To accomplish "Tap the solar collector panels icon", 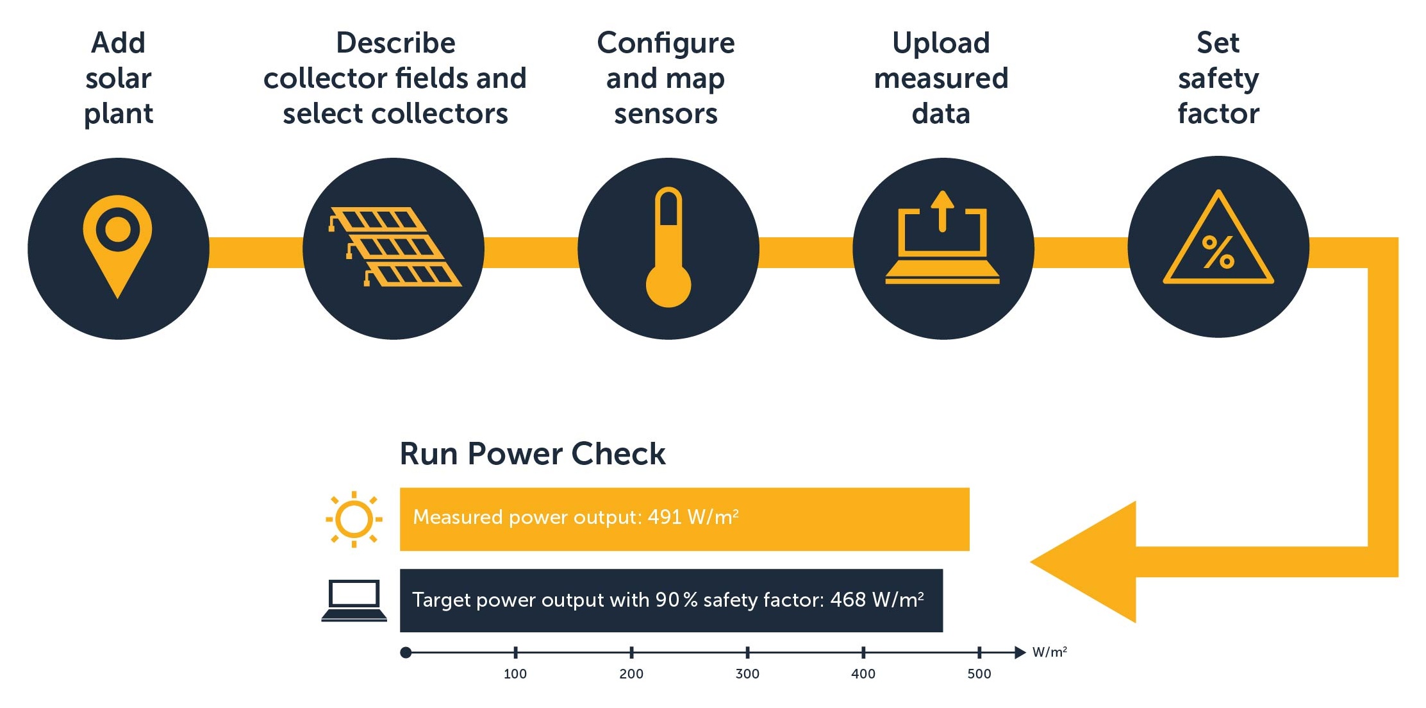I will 394,247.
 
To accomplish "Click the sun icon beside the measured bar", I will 354,519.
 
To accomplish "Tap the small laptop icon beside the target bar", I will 354,600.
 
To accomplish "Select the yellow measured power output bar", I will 684,519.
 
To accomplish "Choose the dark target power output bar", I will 670,600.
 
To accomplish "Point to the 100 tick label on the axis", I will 515,674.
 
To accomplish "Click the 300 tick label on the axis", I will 747,674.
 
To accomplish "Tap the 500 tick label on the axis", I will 979,674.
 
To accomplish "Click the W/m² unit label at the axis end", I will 1049,652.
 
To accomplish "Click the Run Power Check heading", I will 532,454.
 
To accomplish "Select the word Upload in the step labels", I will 941,44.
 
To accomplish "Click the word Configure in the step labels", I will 665,44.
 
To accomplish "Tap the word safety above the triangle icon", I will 1218,79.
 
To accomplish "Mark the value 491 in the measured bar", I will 664,517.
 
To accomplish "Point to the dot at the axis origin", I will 406,653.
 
